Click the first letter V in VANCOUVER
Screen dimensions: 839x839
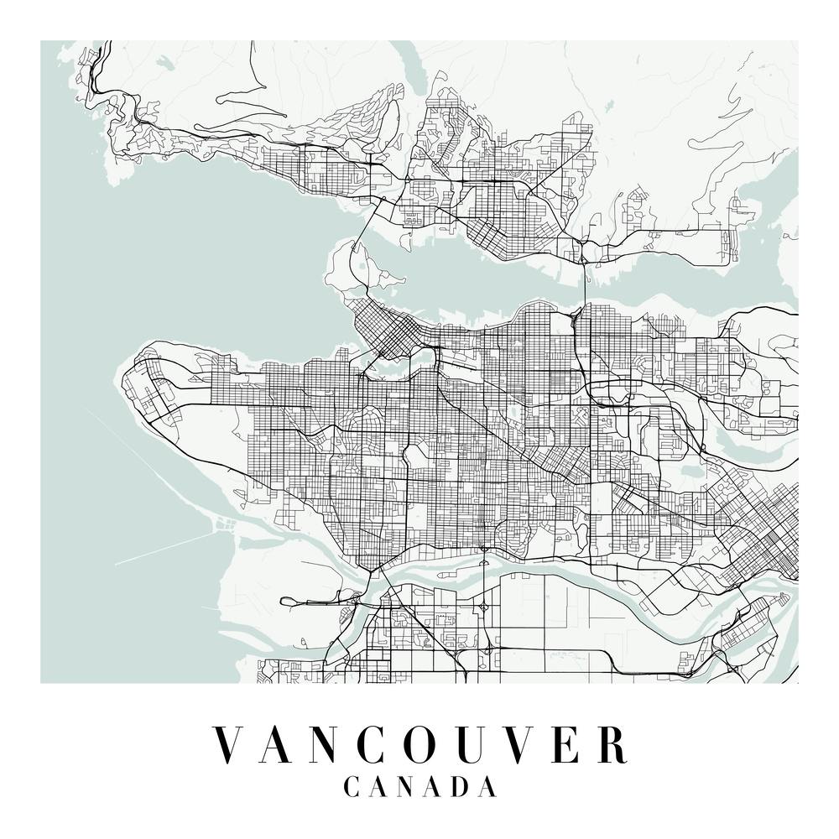pos(231,745)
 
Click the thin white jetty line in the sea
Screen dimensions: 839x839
pos(159,550)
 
